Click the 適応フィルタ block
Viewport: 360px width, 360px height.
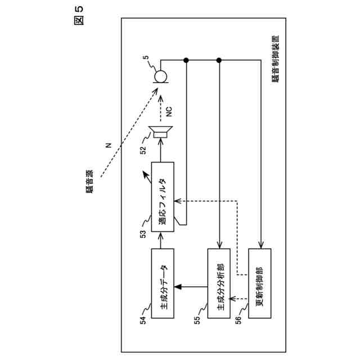click(163, 194)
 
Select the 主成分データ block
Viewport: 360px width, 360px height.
click(163, 286)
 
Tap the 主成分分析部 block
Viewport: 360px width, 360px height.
click(219, 286)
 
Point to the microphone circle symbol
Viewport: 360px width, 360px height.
click(160, 76)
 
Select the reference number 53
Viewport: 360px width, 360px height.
click(143, 232)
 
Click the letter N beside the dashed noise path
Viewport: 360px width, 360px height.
click(108, 147)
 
